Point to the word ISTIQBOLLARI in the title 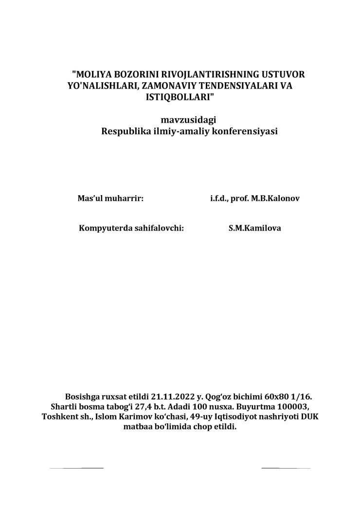177,96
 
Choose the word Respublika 123,131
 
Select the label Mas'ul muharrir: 110,199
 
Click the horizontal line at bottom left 76,468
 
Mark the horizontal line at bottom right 286,468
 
